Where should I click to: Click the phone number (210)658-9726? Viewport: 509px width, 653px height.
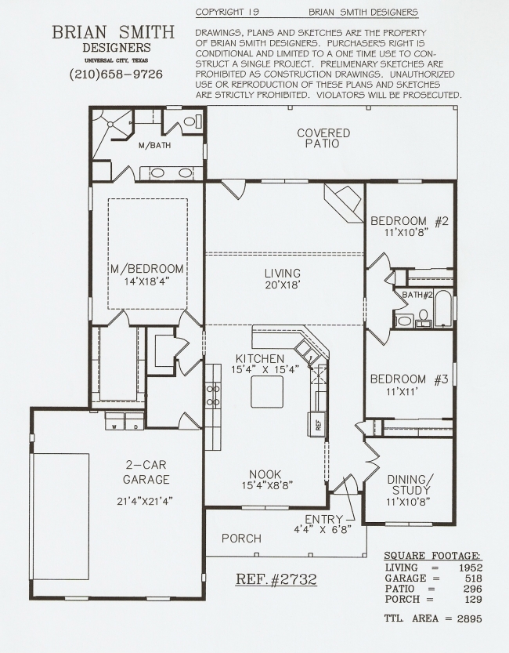click(116, 74)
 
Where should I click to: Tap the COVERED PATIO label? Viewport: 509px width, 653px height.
click(323, 138)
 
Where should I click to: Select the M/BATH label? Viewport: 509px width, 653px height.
click(155, 145)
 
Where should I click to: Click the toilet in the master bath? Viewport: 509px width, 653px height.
click(192, 122)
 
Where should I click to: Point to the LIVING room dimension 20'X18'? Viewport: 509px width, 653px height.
click(283, 285)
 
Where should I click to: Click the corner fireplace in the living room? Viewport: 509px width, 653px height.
click(344, 203)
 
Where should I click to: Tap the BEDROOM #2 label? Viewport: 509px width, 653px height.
click(410, 221)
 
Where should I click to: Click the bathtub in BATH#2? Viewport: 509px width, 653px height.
click(443, 308)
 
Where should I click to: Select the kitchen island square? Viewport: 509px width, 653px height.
click(267, 391)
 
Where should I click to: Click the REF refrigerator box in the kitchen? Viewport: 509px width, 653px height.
click(316, 424)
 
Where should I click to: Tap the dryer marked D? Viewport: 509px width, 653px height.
click(135, 421)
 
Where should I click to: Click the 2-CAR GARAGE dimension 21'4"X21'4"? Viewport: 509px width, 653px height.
click(145, 501)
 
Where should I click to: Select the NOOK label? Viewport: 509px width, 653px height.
click(265, 474)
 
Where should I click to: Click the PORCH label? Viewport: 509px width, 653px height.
click(242, 539)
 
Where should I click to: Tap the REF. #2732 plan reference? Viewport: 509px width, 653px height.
click(276, 579)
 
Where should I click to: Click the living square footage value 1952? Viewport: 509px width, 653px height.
click(471, 568)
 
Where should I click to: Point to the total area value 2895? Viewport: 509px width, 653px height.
click(470, 619)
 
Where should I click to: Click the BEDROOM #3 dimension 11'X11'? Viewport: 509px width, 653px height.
click(401, 392)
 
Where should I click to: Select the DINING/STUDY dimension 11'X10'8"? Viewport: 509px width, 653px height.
click(408, 502)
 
